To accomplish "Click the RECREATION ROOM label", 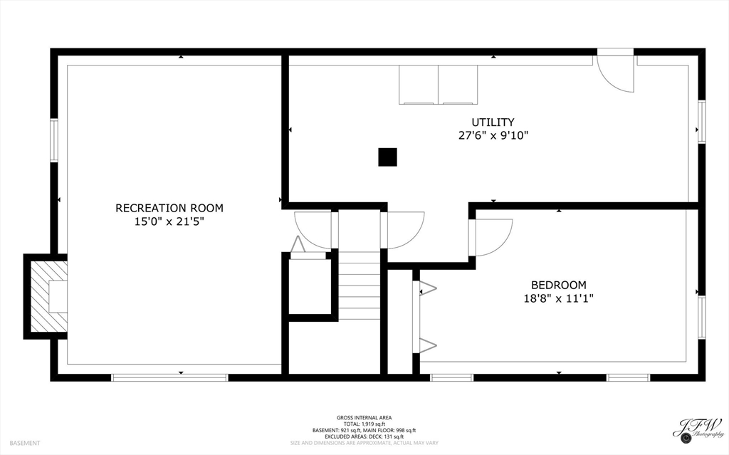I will pos(169,208).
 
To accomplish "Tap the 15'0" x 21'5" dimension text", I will pos(169,221).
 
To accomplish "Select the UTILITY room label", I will pos(493,122).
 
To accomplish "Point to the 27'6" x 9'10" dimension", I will pos(493,135).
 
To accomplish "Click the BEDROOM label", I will pos(558,284).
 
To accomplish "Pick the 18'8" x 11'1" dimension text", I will pos(558,298).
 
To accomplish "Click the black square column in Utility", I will pos(387,157).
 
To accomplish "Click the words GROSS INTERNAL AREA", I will pos(364,418).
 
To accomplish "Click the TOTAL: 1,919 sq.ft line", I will pos(364,424).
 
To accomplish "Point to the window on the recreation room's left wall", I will pos(54,140).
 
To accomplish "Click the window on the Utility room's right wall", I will pos(701,122).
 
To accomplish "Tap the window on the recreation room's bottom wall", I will pos(169,377).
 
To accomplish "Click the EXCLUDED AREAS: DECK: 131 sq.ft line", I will pos(364,436).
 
